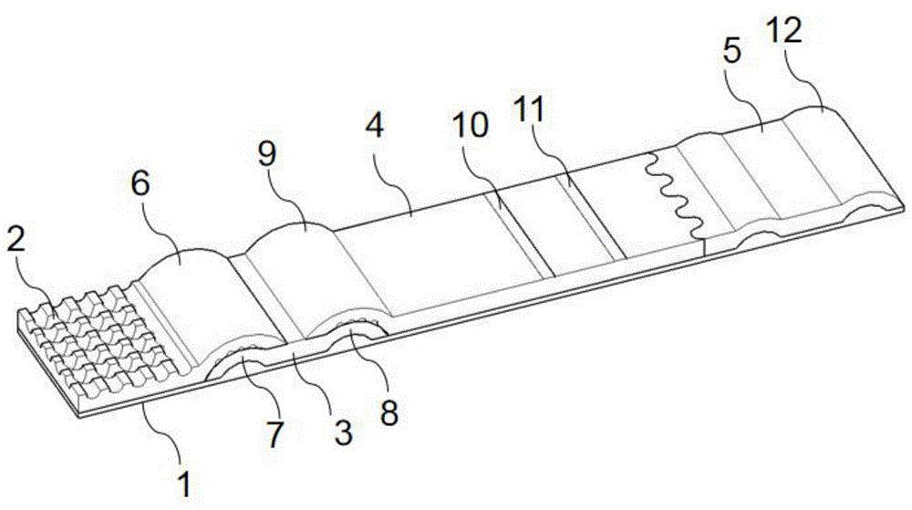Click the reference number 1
[184, 485]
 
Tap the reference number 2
[16, 238]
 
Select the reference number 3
[343, 432]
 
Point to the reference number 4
[375, 125]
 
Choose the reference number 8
[389, 413]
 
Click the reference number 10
[471, 125]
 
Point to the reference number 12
[783, 30]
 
